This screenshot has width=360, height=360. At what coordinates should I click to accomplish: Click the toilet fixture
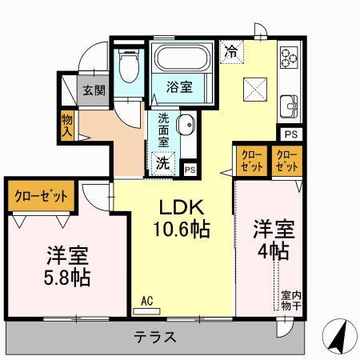click(129, 66)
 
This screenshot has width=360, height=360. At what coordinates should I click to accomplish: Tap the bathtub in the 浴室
click(181, 58)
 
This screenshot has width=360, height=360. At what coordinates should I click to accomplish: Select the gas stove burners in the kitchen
click(289, 58)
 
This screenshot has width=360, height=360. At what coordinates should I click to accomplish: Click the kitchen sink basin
click(289, 106)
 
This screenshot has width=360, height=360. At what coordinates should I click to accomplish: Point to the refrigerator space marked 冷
click(232, 52)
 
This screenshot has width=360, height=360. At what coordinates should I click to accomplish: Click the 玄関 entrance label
click(94, 90)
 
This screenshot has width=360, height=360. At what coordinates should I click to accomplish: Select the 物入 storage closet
click(67, 126)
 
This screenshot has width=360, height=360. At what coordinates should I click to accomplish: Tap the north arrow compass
click(339, 336)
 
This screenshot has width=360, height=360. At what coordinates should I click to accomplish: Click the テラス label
click(154, 337)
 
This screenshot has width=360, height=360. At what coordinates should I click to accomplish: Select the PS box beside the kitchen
click(291, 134)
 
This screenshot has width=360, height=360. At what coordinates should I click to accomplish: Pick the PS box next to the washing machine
click(190, 170)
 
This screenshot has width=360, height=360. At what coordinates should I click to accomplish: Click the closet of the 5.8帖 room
click(41, 196)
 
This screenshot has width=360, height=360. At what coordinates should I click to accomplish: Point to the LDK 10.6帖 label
click(182, 218)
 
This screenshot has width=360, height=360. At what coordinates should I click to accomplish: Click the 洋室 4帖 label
click(274, 239)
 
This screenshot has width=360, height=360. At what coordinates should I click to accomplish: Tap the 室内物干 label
click(291, 301)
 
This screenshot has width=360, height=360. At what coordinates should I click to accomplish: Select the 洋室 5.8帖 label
click(67, 266)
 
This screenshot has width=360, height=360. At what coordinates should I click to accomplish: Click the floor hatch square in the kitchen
click(255, 90)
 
